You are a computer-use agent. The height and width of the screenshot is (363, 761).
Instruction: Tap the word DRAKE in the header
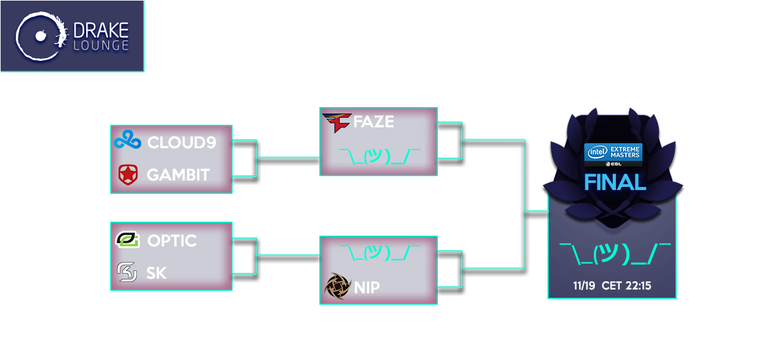pyautogui.click(x=101, y=29)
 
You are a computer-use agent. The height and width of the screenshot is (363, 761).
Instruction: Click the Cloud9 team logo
pyautogui.click(x=127, y=141)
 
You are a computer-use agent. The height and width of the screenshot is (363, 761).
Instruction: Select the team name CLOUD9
pyautogui.click(x=181, y=143)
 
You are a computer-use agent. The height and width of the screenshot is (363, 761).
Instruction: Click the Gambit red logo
pyautogui.click(x=127, y=174)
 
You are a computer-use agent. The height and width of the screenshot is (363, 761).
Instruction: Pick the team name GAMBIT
pyautogui.click(x=178, y=175)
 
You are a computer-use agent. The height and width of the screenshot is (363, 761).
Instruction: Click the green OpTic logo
pyautogui.click(x=127, y=240)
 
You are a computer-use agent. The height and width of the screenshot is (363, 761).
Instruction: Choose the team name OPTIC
pyautogui.click(x=172, y=241)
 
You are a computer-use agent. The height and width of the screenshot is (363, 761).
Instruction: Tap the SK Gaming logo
pyautogui.click(x=127, y=272)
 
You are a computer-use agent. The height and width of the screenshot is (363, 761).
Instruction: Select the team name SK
pyautogui.click(x=157, y=273)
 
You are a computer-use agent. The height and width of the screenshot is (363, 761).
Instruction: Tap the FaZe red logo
pyautogui.click(x=336, y=123)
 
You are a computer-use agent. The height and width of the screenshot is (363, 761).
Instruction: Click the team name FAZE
pyautogui.click(x=373, y=122)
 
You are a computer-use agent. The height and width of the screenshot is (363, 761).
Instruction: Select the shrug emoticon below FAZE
pyautogui.click(x=380, y=155)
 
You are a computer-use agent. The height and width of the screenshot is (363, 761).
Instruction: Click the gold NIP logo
pyautogui.click(x=336, y=286)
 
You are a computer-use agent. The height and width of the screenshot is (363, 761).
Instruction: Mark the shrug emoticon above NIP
pyautogui.click(x=380, y=253)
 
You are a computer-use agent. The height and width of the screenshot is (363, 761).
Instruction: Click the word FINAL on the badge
pyautogui.click(x=614, y=182)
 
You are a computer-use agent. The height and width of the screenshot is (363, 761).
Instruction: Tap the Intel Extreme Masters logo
pyautogui.click(x=613, y=154)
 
